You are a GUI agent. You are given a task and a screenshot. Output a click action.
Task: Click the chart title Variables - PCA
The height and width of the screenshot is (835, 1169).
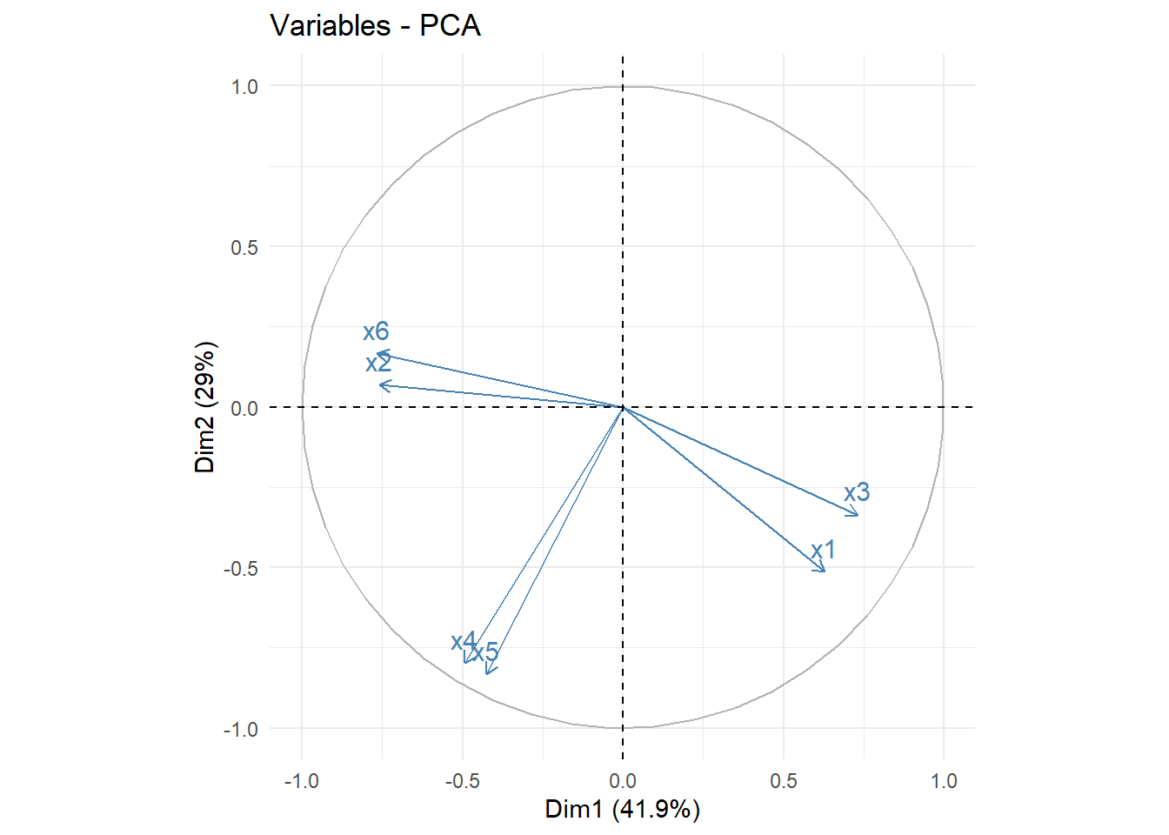click(x=375, y=25)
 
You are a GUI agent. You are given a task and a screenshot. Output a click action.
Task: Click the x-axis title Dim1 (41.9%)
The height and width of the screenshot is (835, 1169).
click(x=622, y=809)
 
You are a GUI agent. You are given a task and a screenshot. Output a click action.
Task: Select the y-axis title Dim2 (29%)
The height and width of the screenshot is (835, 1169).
click(x=205, y=407)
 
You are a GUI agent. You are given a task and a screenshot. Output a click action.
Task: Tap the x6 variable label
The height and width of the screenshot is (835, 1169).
click(x=376, y=331)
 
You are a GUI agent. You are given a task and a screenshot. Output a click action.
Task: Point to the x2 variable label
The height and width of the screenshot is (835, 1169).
click(x=378, y=363)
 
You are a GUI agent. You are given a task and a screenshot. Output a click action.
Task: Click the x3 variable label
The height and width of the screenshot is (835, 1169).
click(x=857, y=492)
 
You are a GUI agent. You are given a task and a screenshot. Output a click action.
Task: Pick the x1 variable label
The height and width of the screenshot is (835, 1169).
click(x=823, y=550)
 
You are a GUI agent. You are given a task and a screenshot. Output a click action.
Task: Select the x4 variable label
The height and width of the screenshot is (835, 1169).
click(x=464, y=642)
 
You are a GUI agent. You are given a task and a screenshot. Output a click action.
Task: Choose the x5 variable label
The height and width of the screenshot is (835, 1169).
click(x=485, y=651)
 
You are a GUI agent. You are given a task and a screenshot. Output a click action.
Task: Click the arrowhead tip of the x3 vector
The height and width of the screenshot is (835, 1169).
click(x=858, y=516)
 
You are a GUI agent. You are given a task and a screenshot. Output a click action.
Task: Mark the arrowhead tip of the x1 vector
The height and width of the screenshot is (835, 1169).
click(x=825, y=571)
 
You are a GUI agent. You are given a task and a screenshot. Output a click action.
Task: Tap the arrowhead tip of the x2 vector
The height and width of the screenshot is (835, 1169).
click(x=379, y=384)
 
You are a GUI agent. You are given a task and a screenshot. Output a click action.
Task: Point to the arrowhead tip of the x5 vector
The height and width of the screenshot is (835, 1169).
click(x=488, y=673)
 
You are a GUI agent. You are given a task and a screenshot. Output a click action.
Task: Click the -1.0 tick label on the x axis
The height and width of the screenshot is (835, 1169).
click(x=301, y=781)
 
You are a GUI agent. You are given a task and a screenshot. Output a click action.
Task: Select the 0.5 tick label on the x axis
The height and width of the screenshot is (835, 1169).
click(x=783, y=781)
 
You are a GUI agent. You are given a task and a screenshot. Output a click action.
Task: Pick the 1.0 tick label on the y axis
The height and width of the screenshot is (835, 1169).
click(x=244, y=86)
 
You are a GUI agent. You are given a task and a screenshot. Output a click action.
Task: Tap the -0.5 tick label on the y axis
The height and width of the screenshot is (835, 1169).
click(x=241, y=568)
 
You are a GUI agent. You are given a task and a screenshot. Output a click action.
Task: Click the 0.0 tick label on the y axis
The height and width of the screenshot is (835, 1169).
click(x=244, y=408)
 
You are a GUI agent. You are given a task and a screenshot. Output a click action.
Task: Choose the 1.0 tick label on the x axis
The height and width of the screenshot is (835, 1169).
click(x=944, y=781)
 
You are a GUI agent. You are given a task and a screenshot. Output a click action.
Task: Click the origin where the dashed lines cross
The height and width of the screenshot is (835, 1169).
click(x=623, y=407)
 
